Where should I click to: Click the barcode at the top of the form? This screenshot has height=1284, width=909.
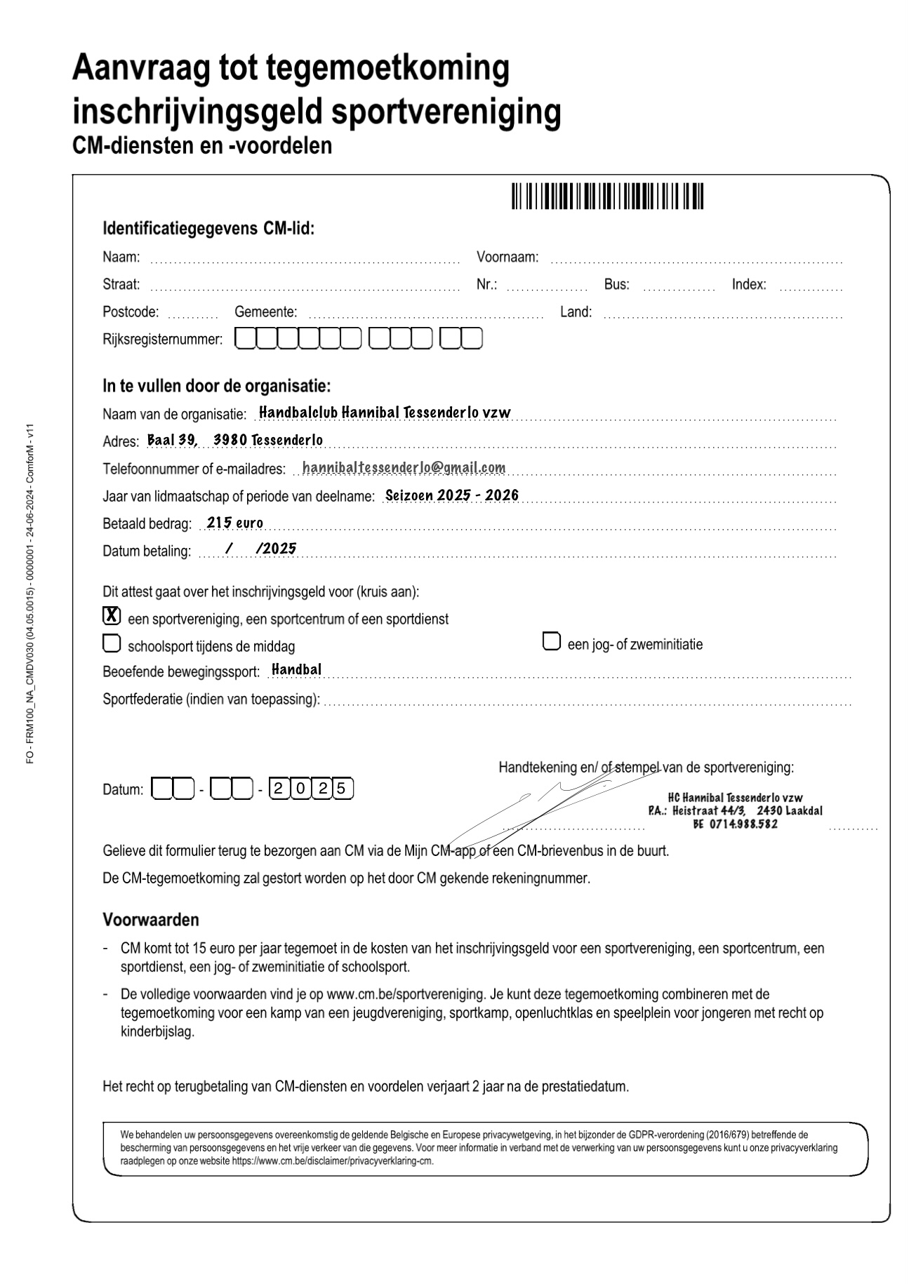pos(606,196)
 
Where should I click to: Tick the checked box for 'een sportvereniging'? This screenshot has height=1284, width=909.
pos(111,616)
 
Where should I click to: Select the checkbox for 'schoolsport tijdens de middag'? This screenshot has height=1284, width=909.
pos(111,643)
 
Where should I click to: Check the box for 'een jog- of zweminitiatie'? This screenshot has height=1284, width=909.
pos(552,641)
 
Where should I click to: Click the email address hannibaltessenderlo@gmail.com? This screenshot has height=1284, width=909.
pos(404,467)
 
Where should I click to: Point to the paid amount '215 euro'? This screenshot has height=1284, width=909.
pos(235,523)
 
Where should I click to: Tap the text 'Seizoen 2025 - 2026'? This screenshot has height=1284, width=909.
pos(452,495)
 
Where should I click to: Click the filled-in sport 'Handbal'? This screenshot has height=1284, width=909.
pos(296,669)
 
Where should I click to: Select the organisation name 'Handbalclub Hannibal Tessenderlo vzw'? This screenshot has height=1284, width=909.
pos(385,412)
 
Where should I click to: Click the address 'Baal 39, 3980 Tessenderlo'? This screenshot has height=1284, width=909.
pos(235,440)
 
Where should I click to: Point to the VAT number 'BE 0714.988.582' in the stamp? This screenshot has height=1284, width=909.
pos(735,824)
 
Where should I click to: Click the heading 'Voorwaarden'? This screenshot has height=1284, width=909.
pos(151,919)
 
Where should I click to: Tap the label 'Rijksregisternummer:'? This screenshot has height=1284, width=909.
pos(162,340)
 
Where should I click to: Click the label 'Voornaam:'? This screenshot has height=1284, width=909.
pos(507,257)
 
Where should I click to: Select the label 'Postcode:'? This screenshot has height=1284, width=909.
pos(131,312)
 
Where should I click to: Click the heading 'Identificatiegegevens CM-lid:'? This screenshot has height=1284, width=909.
pos(208,229)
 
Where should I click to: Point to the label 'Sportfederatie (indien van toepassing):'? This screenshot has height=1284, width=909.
pos(211,699)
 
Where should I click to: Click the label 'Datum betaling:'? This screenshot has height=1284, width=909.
pos(147,551)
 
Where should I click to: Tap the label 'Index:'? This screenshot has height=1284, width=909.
pos(749,284)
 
